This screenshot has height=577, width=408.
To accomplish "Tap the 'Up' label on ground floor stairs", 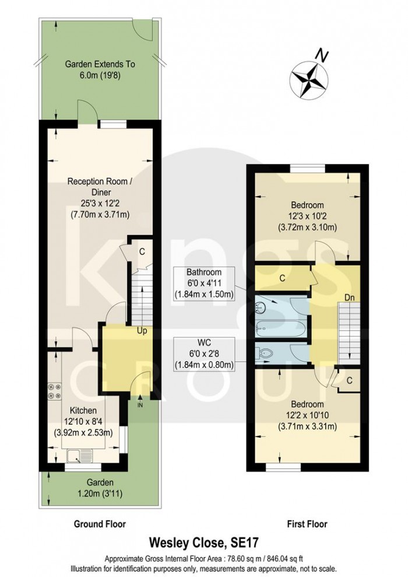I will click(141, 331).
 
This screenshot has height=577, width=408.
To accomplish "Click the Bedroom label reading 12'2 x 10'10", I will click(307, 415).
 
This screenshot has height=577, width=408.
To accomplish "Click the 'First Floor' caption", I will click(307, 524).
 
